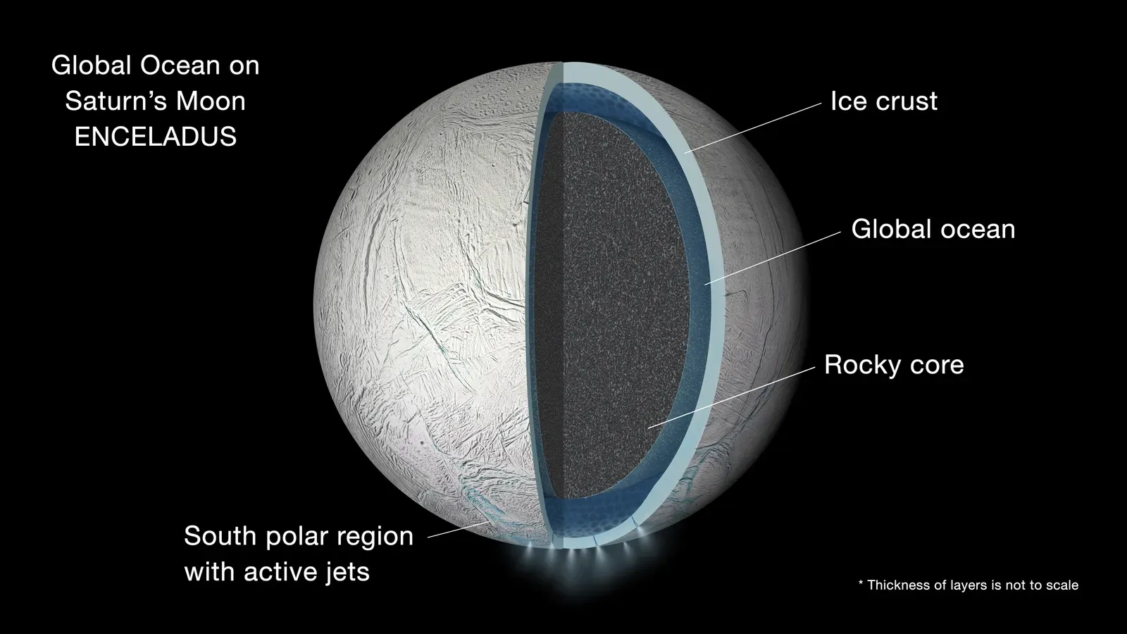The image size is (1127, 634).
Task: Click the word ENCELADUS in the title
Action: click(155, 136)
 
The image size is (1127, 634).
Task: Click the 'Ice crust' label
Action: click(883, 101)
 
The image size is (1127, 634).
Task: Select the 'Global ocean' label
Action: click(933, 229)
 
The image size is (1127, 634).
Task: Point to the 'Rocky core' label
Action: click(893, 365)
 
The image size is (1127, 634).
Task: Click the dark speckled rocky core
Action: click(606, 303)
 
